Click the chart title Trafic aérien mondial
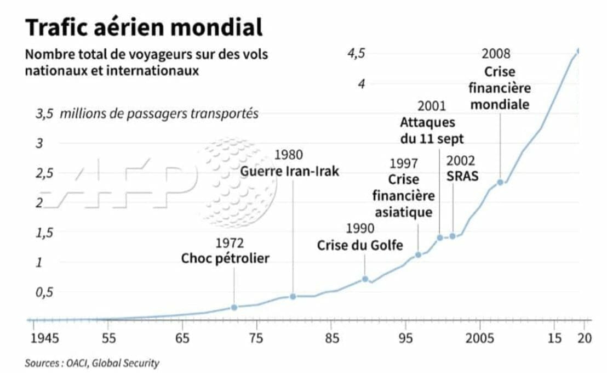pyautogui.click(x=144, y=26)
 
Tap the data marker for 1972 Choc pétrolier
pyautogui.click(x=234, y=307)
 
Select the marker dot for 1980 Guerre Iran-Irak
pyautogui.click(x=293, y=296)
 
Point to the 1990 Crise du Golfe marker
pyautogui.click(x=365, y=279)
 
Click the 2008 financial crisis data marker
pyautogui.click(x=500, y=182)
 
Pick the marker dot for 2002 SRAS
pyautogui.click(x=453, y=236)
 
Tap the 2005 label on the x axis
pyautogui.click(x=479, y=337)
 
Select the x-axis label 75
pyautogui.click(x=256, y=337)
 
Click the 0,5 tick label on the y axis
pyautogui.click(x=45, y=292)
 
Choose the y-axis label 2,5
pyautogui.click(x=45, y=173)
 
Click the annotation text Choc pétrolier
pyautogui.click(x=225, y=258)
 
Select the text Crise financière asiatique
pyautogui.click(x=403, y=196)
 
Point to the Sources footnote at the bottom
pyautogui.click(x=92, y=363)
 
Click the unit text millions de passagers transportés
pyautogui.click(x=159, y=114)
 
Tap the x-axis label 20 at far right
pyautogui.click(x=585, y=337)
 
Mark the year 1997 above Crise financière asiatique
pyautogui.click(x=404, y=163)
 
